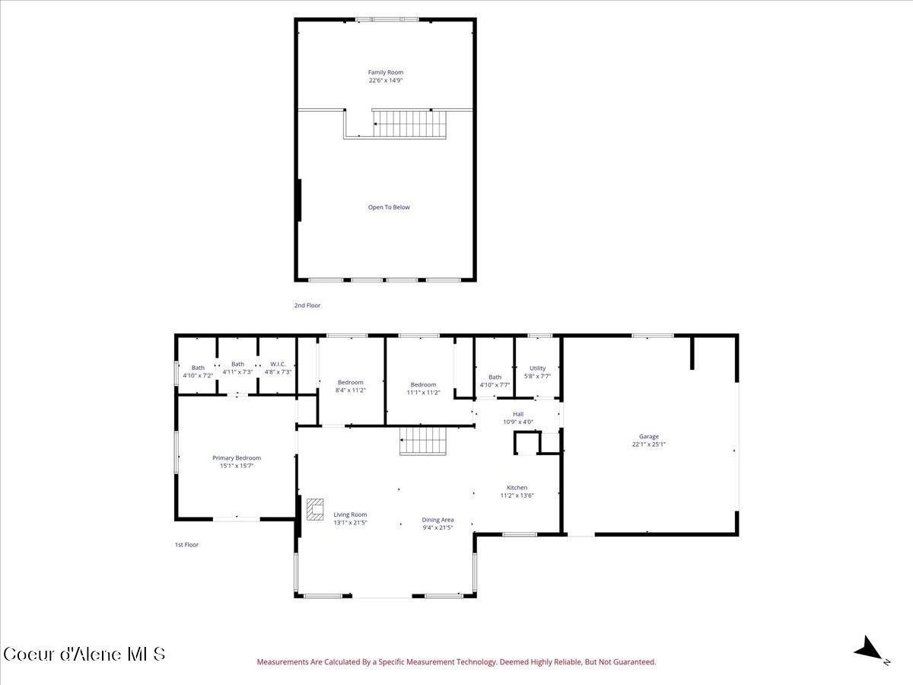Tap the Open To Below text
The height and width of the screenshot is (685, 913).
coord(389,207)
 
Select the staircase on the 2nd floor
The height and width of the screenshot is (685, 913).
coord(408,121)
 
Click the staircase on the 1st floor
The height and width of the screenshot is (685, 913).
coord(422,441)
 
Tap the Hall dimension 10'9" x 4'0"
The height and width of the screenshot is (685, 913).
coord(518,422)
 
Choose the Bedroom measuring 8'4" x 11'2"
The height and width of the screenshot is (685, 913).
coord(351,386)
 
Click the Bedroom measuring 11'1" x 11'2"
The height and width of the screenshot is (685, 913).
coord(423,388)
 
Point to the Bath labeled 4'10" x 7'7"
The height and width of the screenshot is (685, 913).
coord(495,381)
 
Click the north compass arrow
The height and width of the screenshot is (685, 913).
coord(869,650)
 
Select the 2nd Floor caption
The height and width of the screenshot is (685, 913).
coord(307,305)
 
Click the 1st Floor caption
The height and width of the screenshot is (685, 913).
coord(186,544)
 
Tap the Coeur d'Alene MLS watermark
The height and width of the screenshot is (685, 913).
coord(84,654)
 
